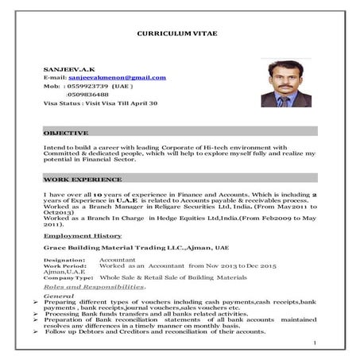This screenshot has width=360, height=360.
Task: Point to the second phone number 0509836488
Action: click(x=87, y=95)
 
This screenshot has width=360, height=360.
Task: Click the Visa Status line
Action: click(x=100, y=103)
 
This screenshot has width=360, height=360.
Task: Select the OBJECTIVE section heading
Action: click(x=66, y=132)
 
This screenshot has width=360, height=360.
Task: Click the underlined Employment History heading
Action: click(x=83, y=236)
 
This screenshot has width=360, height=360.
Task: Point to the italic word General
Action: click(x=59, y=295)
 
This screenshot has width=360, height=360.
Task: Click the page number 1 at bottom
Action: click(x=315, y=343)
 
